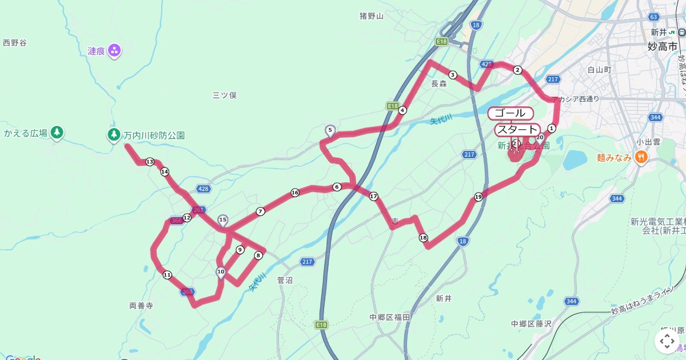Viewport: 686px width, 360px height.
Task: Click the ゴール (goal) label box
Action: (x=510, y=113)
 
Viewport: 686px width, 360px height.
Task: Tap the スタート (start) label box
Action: (x=517, y=130)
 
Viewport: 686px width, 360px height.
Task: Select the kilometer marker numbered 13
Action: (x=150, y=162)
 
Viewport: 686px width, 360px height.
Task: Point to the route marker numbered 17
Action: (x=374, y=197)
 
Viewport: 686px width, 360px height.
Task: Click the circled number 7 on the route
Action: (x=261, y=211)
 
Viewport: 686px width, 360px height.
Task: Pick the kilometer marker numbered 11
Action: (x=167, y=275)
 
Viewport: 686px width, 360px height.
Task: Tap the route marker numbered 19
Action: (x=478, y=197)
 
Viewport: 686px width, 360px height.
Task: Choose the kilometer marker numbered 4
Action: (x=402, y=110)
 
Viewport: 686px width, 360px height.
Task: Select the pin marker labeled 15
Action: (x=223, y=221)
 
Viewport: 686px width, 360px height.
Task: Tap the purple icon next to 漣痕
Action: (x=114, y=51)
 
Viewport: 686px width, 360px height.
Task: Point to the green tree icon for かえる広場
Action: (x=57, y=133)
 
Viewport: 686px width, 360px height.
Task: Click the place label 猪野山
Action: (x=372, y=16)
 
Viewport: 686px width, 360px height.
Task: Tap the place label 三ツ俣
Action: (x=224, y=95)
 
